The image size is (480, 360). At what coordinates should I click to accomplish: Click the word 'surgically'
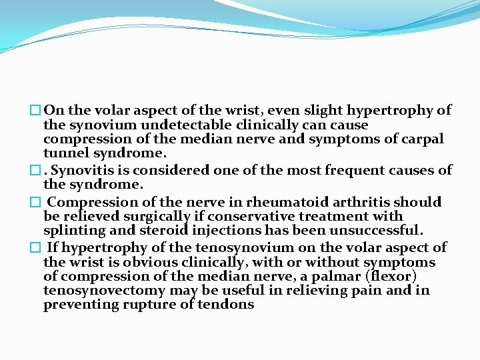[147, 217]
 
